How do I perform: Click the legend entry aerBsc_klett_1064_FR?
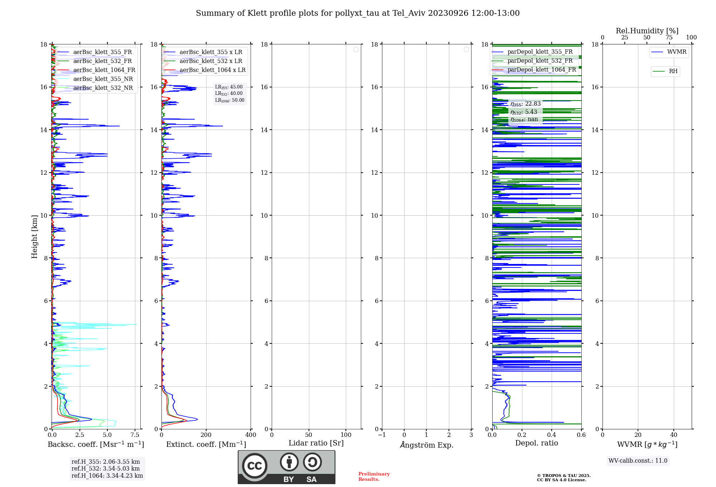104,70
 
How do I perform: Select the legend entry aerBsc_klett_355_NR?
103,79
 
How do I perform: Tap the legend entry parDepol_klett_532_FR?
540,61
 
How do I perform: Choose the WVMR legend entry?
676,52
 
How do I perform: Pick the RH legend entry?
673,71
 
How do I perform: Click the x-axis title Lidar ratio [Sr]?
316,443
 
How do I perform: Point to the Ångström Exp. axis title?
426,445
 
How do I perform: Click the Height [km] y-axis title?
34,237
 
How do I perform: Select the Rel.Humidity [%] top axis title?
647,31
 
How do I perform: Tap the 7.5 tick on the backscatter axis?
135,435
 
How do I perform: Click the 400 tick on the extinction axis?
251,435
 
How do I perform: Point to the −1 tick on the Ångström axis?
382,435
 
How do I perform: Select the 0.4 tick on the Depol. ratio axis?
552,435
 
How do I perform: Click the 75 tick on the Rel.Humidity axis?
669,38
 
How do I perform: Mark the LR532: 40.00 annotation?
229,93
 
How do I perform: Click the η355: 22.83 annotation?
525,104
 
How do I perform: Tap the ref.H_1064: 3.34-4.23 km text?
107,476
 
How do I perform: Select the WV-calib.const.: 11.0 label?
638,461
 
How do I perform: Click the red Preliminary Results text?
374,477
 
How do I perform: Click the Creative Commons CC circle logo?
255,466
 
